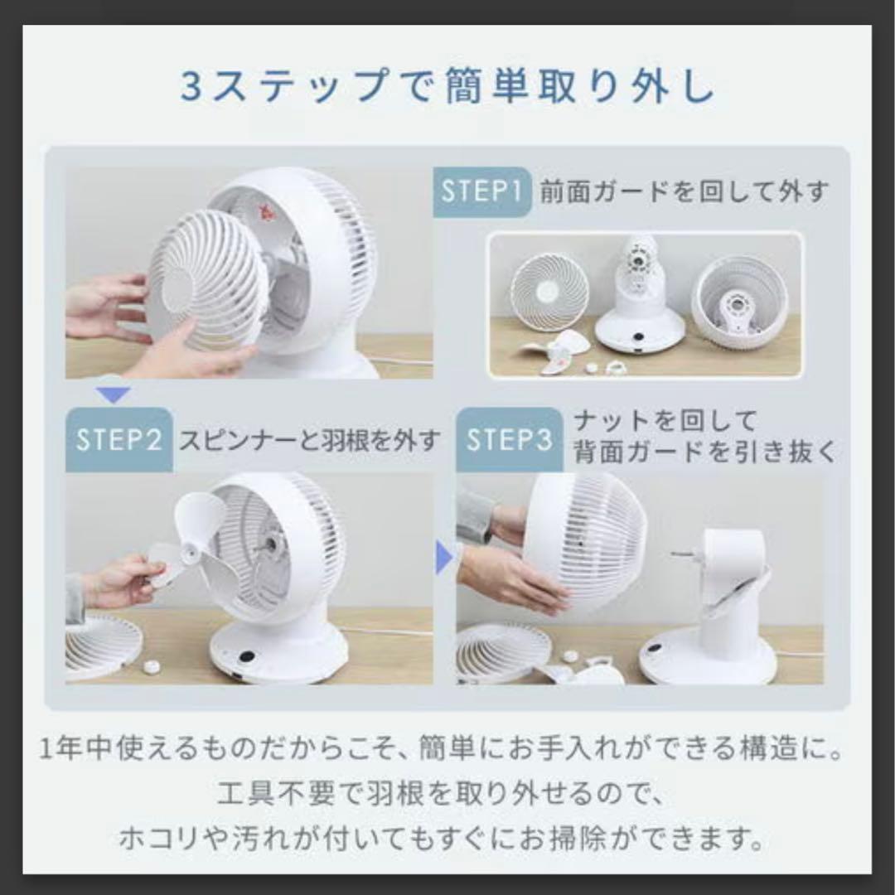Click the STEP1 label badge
pos(481,191)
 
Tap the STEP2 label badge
pos(119,440)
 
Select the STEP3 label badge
pos(509,440)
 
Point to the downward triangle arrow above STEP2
pos(113,394)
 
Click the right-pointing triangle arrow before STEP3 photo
pos(443,557)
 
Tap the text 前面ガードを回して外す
pos(684,191)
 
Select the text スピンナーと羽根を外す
pos(310,440)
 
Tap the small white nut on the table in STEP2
pos(152,666)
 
